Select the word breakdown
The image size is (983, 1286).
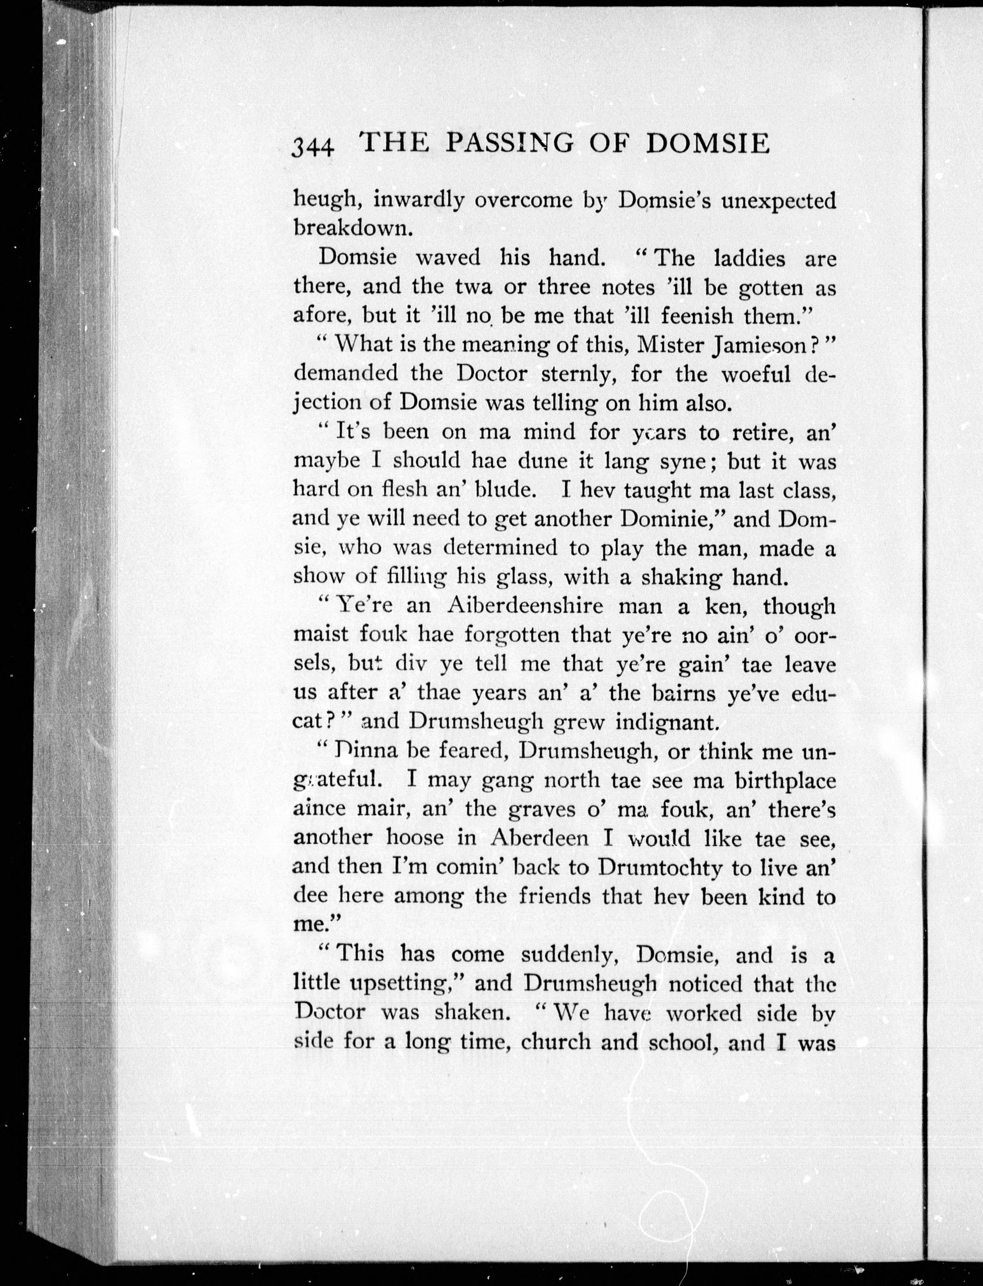click(x=353, y=228)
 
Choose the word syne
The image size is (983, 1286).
click(x=683, y=462)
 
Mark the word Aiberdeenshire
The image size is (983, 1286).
click(x=525, y=606)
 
